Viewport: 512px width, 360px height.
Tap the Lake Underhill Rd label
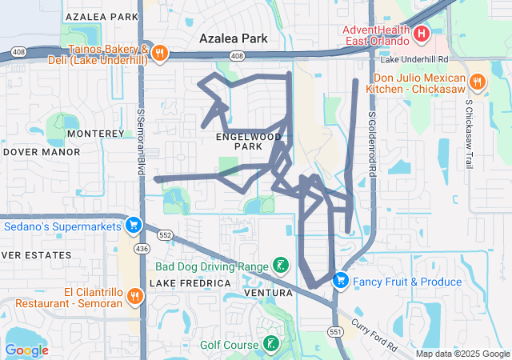(413, 59)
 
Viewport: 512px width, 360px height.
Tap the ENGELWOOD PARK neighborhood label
(249, 142)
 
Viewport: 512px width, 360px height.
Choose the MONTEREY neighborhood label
(96, 133)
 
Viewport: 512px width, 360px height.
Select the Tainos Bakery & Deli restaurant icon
(160, 54)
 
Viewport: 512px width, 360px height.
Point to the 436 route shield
(142, 250)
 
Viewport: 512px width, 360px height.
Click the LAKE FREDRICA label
(190, 283)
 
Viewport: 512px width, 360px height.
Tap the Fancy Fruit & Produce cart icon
(341, 281)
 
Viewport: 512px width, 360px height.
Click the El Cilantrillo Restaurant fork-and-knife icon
(134, 295)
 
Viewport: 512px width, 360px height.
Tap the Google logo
(26, 350)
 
